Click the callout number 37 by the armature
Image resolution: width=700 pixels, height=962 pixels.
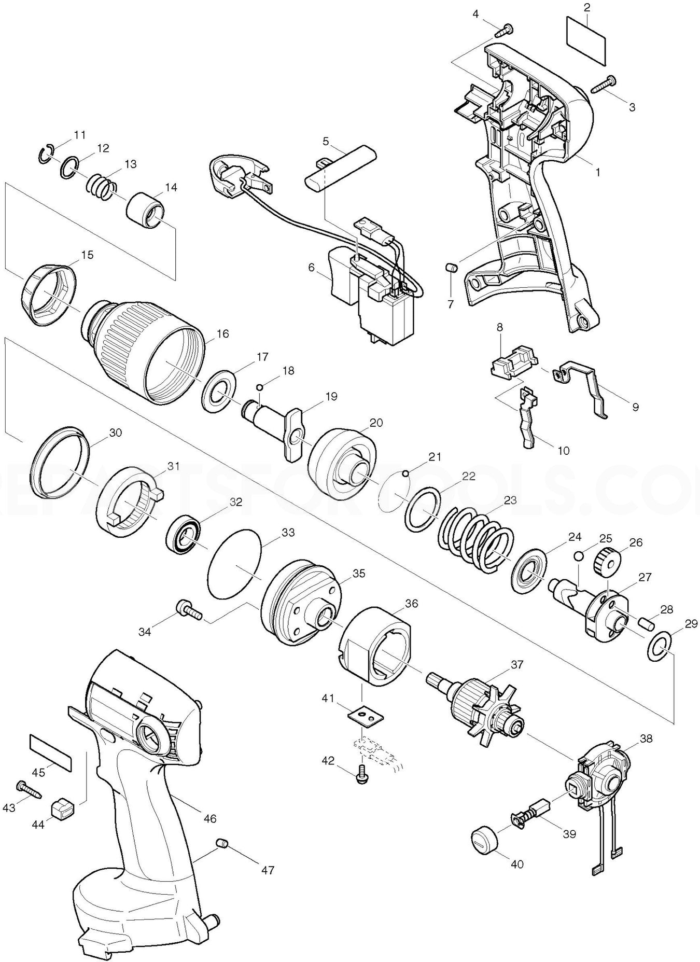coord(516,664)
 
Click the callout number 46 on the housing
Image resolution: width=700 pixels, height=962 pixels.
coord(210,819)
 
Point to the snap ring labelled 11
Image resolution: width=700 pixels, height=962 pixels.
coord(46,154)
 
